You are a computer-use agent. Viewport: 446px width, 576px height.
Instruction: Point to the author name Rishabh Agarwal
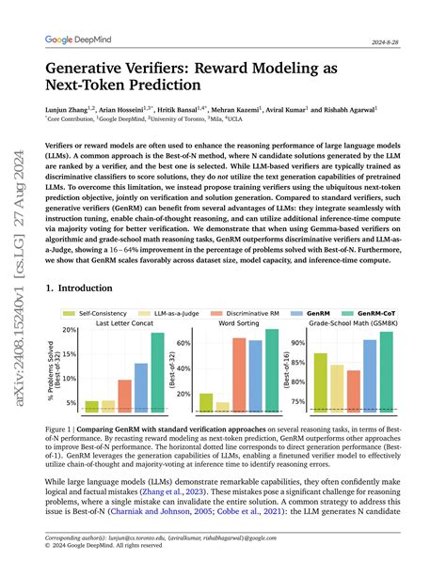point(388,108)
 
